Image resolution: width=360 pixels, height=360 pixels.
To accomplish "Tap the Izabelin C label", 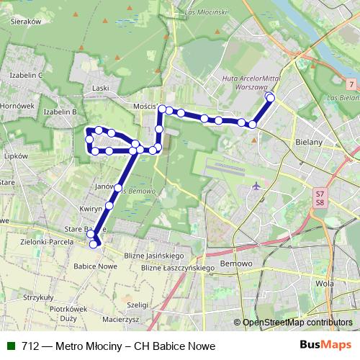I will [x=27, y=75].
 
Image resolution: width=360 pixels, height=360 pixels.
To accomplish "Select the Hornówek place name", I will [x=17, y=106].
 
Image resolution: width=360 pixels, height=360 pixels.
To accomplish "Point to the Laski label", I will [x=101, y=88].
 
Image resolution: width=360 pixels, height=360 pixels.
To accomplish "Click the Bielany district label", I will [x=309, y=143].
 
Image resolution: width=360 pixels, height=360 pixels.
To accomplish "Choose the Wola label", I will [x=325, y=283].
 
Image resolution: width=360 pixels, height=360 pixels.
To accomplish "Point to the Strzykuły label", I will [x=39, y=297].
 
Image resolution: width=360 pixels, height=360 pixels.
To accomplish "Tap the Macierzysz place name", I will [x=120, y=318].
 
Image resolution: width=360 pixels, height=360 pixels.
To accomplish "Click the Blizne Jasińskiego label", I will [x=154, y=256].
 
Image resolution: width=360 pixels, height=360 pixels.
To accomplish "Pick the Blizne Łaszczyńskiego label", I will [x=179, y=268].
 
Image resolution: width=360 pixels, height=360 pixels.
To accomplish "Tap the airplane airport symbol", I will [x=256, y=186].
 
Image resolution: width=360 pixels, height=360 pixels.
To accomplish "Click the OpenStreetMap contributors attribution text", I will [x=297, y=323].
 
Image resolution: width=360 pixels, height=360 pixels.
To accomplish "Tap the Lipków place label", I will [x=14, y=156].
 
